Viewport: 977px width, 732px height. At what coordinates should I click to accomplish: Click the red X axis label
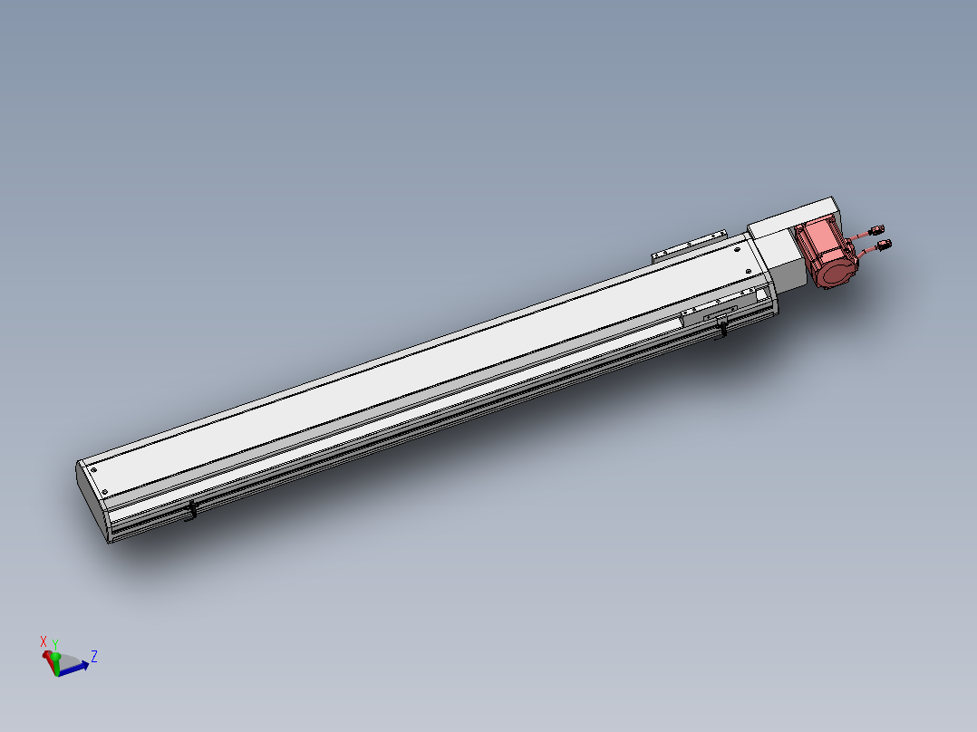(x=43, y=641)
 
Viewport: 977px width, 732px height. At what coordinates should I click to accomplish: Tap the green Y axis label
(x=54, y=645)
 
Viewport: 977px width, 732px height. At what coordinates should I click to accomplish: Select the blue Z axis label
(x=94, y=656)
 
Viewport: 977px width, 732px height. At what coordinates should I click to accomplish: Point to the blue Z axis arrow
(x=74, y=669)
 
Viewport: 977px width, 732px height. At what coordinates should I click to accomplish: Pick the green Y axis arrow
(x=55, y=663)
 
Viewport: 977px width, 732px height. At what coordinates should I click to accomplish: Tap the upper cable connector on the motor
(x=876, y=230)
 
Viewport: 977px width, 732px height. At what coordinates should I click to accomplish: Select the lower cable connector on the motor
(x=884, y=245)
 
